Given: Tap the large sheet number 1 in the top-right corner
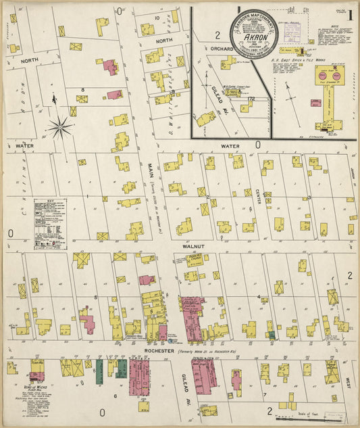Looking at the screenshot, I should click(352, 14).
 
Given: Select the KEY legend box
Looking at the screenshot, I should click(50, 218).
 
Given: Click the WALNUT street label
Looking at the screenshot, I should click(192, 247).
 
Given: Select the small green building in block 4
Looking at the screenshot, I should click(272, 334).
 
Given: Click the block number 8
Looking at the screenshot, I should click(82, 89).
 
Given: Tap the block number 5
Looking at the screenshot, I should click(96, 297).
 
